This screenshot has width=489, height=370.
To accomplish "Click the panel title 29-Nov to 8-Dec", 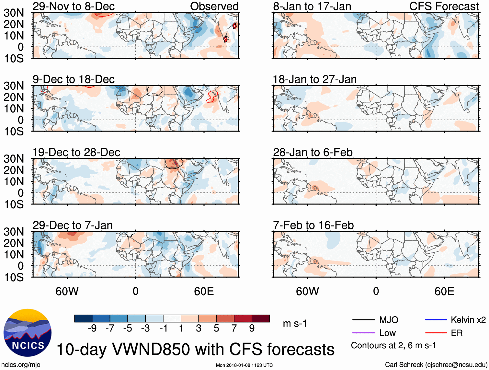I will click(74, 6).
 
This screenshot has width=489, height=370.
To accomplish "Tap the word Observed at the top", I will click(214, 6).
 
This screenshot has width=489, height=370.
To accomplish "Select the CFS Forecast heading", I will click(444, 6).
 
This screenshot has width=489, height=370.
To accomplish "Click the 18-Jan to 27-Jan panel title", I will click(314, 79).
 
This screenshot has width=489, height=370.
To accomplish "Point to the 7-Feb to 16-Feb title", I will click(313, 225).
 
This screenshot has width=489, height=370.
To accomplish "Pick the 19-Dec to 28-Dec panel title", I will click(76, 152).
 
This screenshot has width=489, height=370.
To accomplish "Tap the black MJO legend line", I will click(363, 320).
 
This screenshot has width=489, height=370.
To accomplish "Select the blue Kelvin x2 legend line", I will click(436, 320).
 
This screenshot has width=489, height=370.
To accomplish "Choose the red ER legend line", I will click(436, 333).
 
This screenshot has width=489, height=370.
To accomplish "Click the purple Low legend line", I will click(363, 333).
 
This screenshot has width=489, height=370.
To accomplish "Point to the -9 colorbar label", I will click(92, 329).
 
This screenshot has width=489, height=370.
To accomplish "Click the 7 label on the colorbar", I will click(234, 329).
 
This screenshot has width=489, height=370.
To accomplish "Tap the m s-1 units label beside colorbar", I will click(295, 323).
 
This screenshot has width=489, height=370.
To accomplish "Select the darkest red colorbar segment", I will click(261, 318).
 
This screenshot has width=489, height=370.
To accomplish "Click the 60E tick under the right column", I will click(444, 291).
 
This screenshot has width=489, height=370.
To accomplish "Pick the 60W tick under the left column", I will click(67, 291).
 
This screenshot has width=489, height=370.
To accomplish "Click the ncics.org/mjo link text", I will click(21, 365).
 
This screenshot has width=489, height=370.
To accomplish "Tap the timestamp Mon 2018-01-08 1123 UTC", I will click(244, 365).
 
